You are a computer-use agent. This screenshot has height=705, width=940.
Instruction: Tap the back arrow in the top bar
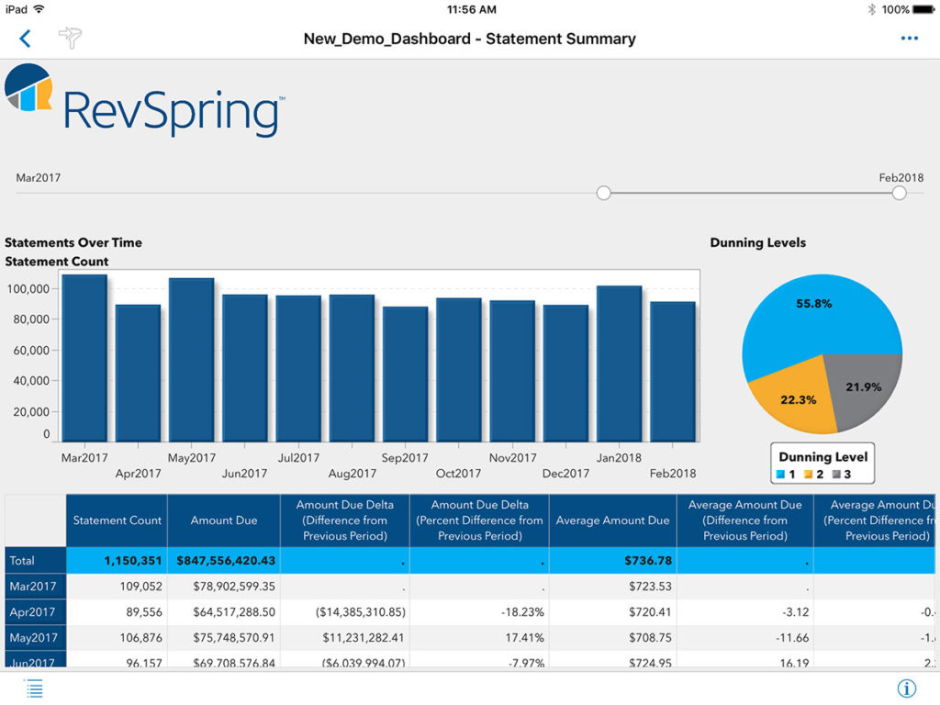pyautogui.click(x=25, y=38)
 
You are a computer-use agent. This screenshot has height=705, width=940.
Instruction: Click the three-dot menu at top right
pyautogui.click(x=909, y=39)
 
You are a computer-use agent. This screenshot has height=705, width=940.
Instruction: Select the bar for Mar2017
pyautogui.click(x=84, y=358)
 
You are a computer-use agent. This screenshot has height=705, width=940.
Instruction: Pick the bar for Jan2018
pyautogui.click(x=619, y=364)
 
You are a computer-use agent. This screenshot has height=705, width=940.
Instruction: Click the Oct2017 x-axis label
pyautogui.click(x=459, y=474)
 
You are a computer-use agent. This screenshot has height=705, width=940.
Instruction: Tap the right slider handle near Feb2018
pyautogui.click(x=899, y=193)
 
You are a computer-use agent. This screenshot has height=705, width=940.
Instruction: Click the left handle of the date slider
pyautogui.click(x=603, y=193)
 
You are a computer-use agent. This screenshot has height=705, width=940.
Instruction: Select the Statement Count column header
pyautogui.click(x=117, y=520)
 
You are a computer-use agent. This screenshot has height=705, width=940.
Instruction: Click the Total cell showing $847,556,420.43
pyautogui.click(x=224, y=560)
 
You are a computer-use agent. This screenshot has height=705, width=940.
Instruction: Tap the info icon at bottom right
pyautogui.click(x=906, y=688)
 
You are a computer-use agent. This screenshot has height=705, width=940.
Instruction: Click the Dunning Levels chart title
pyautogui.click(x=757, y=242)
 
